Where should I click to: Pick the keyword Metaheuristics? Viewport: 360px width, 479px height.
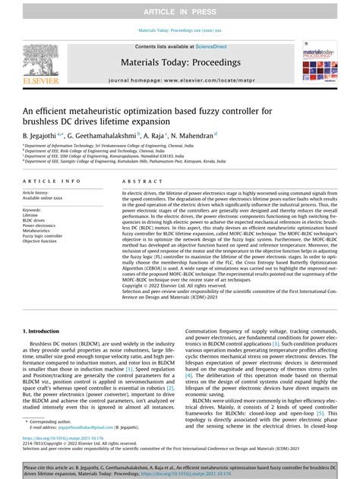click(38, 231)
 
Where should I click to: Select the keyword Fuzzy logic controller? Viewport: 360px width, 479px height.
click(43, 236)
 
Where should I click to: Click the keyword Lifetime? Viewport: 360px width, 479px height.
click(30, 215)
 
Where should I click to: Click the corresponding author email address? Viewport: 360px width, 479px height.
click(74, 427)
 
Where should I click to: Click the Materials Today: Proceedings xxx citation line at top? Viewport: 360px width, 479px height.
click(180, 31)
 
